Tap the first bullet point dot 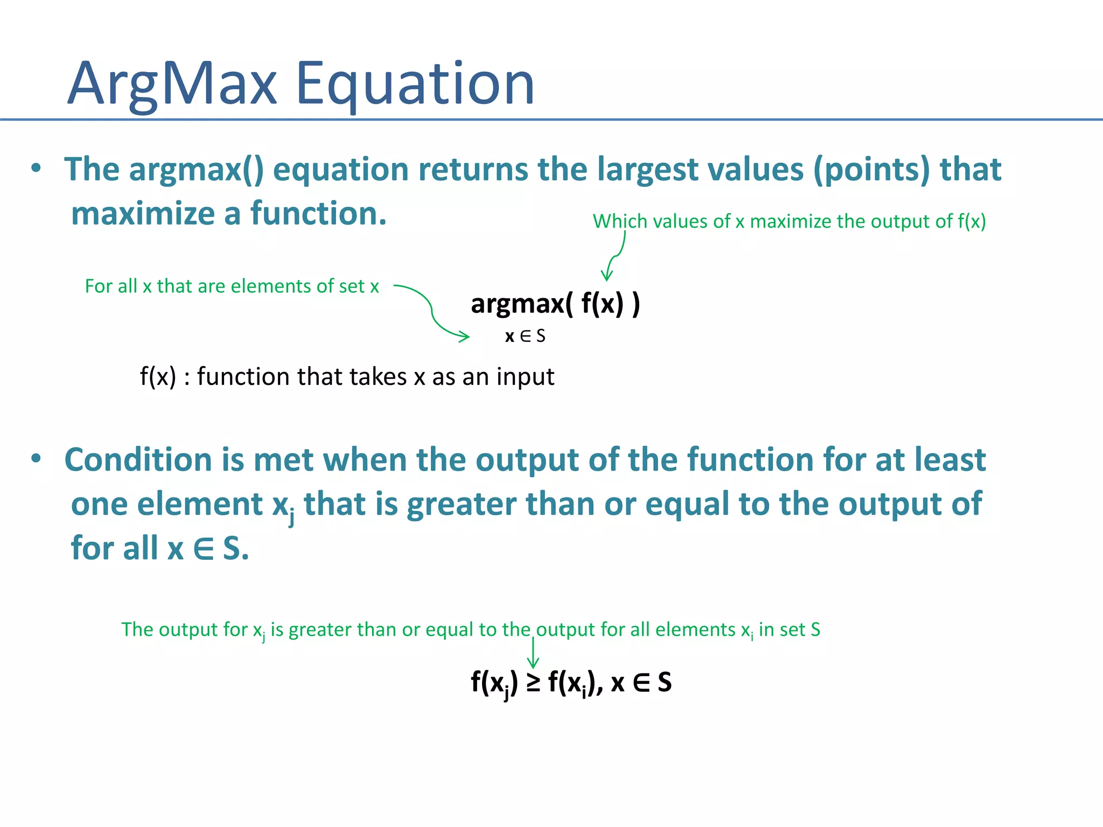coord(36,168)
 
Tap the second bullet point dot coord(36,459)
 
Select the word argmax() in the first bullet coord(196,170)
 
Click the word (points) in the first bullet coord(871,170)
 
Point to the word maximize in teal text coord(143,214)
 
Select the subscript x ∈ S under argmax coord(525,337)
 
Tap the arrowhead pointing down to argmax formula coord(607,276)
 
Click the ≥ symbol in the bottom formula coord(533,683)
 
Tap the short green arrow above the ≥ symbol coord(533,654)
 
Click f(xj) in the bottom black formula coord(493,683)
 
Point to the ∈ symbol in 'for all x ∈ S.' coord(204,549)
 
